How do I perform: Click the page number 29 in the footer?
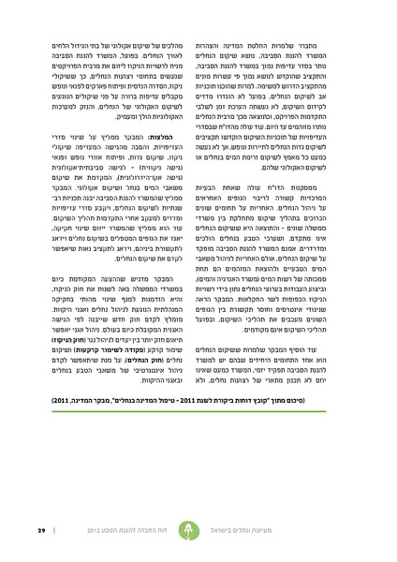pos(27,528)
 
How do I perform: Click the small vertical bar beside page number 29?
pos(39,528)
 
